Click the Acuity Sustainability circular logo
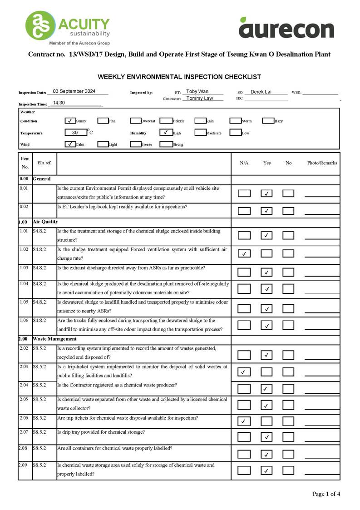[x=40, y=25]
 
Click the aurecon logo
[x=286, y=28]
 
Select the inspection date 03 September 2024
[x=74, y=91]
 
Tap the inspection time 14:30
[x=59, y=103]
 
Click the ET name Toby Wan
[x=197, y=92]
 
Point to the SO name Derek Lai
[x=261, y=92]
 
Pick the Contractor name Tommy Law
[x=200, y=98]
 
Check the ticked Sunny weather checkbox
[x=70, y=121]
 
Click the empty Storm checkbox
[x=235, y=121]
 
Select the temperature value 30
[x=75, y=133]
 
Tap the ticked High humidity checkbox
[x=166, y=133]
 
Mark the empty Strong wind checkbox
[x=166, y=144]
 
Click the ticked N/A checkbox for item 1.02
[x=244, y=253]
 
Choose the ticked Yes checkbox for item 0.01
[x=266, y=193]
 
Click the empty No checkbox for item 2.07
[x=288, y=437]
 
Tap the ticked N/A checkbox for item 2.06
[x=244, y=421]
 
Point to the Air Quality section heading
[x=45, y=222]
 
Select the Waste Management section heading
[x=54, y=339]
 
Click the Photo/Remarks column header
[x=322, y=163]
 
